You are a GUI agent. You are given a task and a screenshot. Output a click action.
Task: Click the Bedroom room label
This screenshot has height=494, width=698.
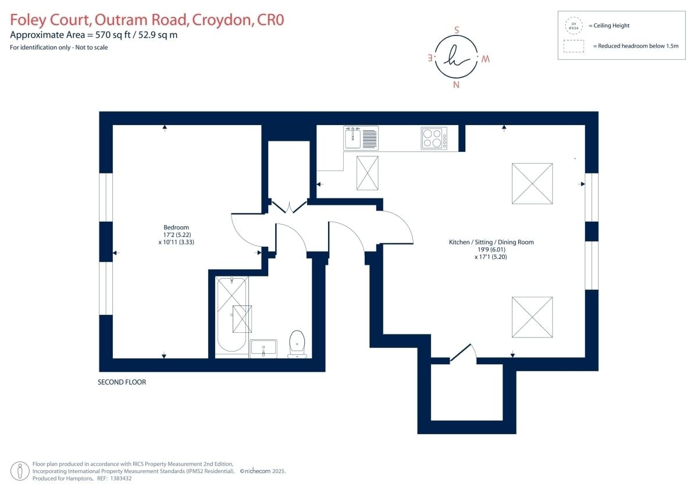(176, 228)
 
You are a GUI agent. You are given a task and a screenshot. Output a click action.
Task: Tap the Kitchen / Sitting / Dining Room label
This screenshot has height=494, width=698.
(491, 242)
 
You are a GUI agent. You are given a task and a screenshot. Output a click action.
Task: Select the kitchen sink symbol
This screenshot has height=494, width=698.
(361, 138)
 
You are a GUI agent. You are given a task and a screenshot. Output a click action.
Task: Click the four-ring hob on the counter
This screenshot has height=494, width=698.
(434, 138)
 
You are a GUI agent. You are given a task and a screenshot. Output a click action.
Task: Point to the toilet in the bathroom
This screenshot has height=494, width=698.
(297, 344)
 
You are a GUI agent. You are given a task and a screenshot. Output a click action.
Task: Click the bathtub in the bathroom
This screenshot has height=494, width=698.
(232, 314)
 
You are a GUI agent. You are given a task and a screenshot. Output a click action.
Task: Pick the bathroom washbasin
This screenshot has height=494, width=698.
(263, 348)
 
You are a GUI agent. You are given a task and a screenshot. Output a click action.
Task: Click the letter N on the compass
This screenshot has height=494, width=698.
(456, 85)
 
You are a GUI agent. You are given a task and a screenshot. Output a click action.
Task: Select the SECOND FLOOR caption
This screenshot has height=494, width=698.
(122, 382)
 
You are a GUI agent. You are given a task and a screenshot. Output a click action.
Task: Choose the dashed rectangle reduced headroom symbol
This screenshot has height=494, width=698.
(574, 46)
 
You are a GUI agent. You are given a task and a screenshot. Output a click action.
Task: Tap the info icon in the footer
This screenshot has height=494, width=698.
(21, 470)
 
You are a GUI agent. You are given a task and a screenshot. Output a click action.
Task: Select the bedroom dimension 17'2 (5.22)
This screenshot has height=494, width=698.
(176, 234)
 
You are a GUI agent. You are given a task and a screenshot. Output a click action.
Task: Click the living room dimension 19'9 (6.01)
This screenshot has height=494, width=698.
(491, 249)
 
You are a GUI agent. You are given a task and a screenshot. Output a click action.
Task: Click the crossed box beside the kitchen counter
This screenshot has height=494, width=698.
(367, 173)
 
